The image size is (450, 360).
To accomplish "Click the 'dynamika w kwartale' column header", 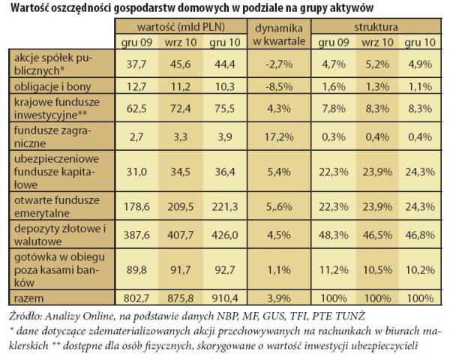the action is click(x=279, y=34).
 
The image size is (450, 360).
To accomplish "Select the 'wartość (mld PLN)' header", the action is click(x=181, y=27).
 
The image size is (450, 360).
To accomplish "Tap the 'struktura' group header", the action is click(x=376, y=27).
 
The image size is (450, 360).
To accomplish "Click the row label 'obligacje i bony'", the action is click(x=52, y=86).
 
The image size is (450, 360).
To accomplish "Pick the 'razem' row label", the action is click(x=28, y=298).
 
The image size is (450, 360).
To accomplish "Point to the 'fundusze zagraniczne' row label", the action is click(x=52, y=136).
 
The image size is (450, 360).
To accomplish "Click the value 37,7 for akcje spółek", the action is click(x=136, y=64).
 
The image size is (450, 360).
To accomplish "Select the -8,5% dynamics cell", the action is click(x=279, y=86).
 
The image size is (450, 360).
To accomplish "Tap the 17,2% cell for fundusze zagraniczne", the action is click(x=279, y=137).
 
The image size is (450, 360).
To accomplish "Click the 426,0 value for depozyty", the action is click(x=225, y=235).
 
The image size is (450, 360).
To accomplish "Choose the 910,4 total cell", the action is click(x=225, y=298).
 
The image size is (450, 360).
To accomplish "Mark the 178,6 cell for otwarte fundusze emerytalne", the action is click(x=136, y=207).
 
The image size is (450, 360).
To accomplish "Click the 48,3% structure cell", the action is click(x=334, y=235).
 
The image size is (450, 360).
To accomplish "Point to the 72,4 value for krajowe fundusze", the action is click(x=181, y=109).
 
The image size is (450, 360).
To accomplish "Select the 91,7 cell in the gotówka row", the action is click(x=181, y=270).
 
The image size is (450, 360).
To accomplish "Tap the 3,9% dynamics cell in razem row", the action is click(x=279, y=298).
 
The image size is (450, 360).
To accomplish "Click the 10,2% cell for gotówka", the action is click(x=420, y=270).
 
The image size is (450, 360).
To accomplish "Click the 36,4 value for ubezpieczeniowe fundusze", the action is click(x=225, y=172).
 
